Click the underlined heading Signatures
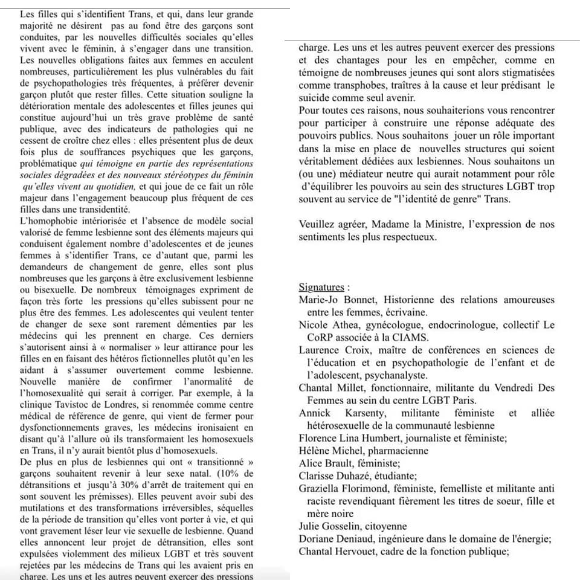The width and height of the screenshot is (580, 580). (323, 287)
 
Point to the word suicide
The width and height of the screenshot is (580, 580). (315, 98)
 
